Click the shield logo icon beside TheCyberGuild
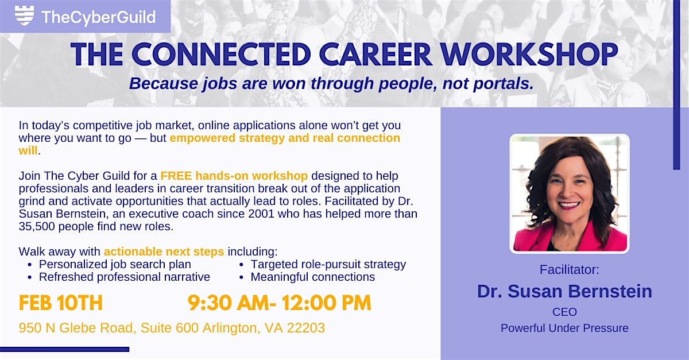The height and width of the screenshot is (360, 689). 24,16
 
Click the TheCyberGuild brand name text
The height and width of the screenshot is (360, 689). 98,17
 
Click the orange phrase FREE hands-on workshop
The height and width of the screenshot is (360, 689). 234,175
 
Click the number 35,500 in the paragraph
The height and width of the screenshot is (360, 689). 38,226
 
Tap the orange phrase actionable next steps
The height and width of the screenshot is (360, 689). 165,251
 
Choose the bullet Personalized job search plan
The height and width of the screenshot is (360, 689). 115,264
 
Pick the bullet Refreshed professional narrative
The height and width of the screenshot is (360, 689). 124,277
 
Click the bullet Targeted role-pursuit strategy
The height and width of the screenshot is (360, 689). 328,264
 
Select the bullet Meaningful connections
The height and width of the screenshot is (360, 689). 312,277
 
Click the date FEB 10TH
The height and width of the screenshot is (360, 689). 61,303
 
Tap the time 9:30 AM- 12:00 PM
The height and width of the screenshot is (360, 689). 279,303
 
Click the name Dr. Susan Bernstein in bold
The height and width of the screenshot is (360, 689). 564,291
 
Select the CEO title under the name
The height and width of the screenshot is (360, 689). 564,312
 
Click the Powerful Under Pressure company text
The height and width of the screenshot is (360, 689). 564,328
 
